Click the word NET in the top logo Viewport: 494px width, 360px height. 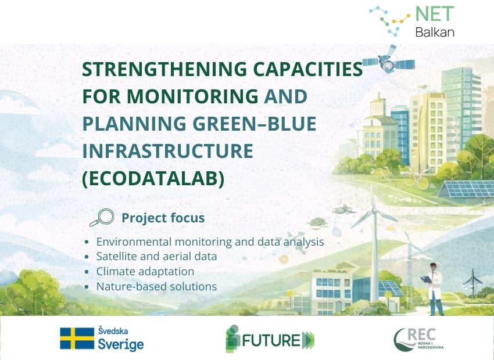click(435, 14)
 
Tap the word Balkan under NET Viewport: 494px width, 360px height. click(435, 32)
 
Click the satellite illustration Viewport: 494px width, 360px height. click(389, 60)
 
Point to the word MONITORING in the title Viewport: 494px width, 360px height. click(192, 96)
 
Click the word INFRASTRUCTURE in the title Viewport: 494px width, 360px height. click(167, 151)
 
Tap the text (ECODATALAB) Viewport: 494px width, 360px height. click(153, 178)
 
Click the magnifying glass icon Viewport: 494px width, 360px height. click(102, 217)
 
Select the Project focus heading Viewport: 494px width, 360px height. click(163, 218)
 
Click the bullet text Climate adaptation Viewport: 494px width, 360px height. click(145, 271)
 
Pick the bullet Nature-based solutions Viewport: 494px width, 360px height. click(156, 286)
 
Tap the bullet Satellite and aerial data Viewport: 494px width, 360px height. click(156, 256)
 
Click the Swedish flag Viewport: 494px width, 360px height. click(77, 339)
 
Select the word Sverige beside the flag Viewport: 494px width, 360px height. click(121, 344)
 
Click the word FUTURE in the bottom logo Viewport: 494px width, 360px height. click(271, 340)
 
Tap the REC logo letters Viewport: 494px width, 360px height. click(421, 334)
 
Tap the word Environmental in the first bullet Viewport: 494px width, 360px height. click(134, 242)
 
